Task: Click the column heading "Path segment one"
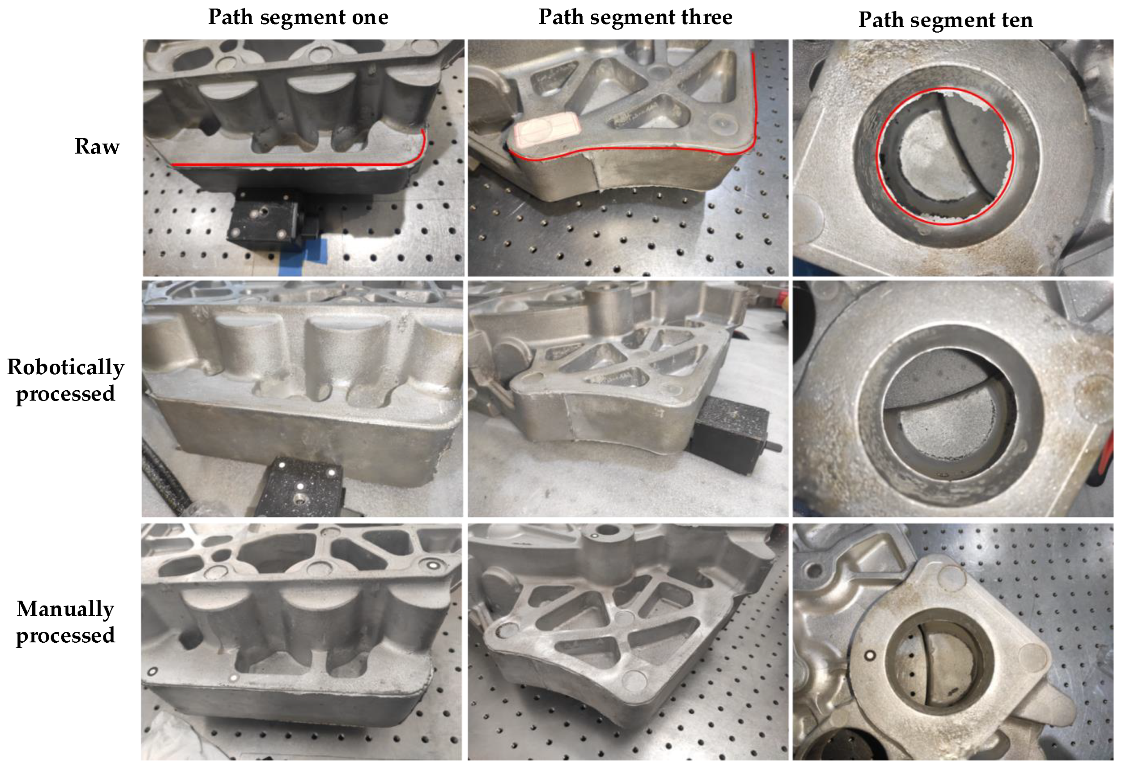coord(298,17)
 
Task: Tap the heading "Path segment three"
coord(635,17)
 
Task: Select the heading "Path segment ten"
coord(945,20)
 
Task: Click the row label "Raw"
coord(97,146)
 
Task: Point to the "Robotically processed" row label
coord(65,380)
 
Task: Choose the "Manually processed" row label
coord(65,622)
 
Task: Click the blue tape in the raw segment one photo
coord(300,254)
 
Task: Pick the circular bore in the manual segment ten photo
coord(935,666)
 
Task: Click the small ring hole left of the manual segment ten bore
coord(870,656)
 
